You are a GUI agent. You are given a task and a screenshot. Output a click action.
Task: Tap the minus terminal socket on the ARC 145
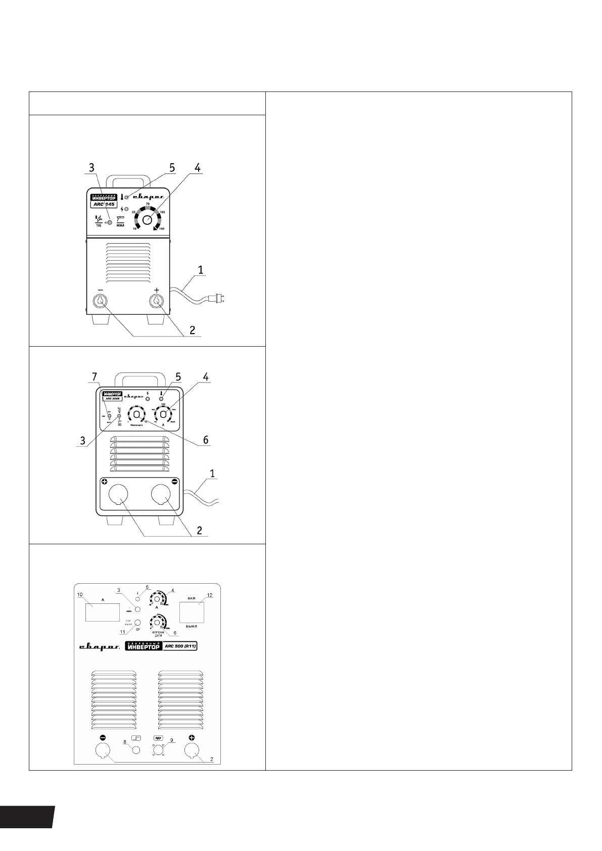pos(100,302)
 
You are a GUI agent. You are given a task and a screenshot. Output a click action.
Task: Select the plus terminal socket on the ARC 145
pos(157,302)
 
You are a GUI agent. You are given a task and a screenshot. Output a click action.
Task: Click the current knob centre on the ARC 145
pos(147,220)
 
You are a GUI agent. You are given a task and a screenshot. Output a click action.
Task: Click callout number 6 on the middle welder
pos(206,440)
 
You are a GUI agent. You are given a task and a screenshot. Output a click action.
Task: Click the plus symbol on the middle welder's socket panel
pos(104,482)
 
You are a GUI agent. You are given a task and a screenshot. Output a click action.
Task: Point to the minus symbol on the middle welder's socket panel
pos(174,482)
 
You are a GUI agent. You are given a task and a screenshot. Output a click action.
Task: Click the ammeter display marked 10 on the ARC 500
pos(103,612)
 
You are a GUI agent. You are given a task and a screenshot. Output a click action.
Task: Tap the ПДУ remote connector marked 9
pos(159,749)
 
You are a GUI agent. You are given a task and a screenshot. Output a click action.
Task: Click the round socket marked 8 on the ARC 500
pos(135,750)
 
